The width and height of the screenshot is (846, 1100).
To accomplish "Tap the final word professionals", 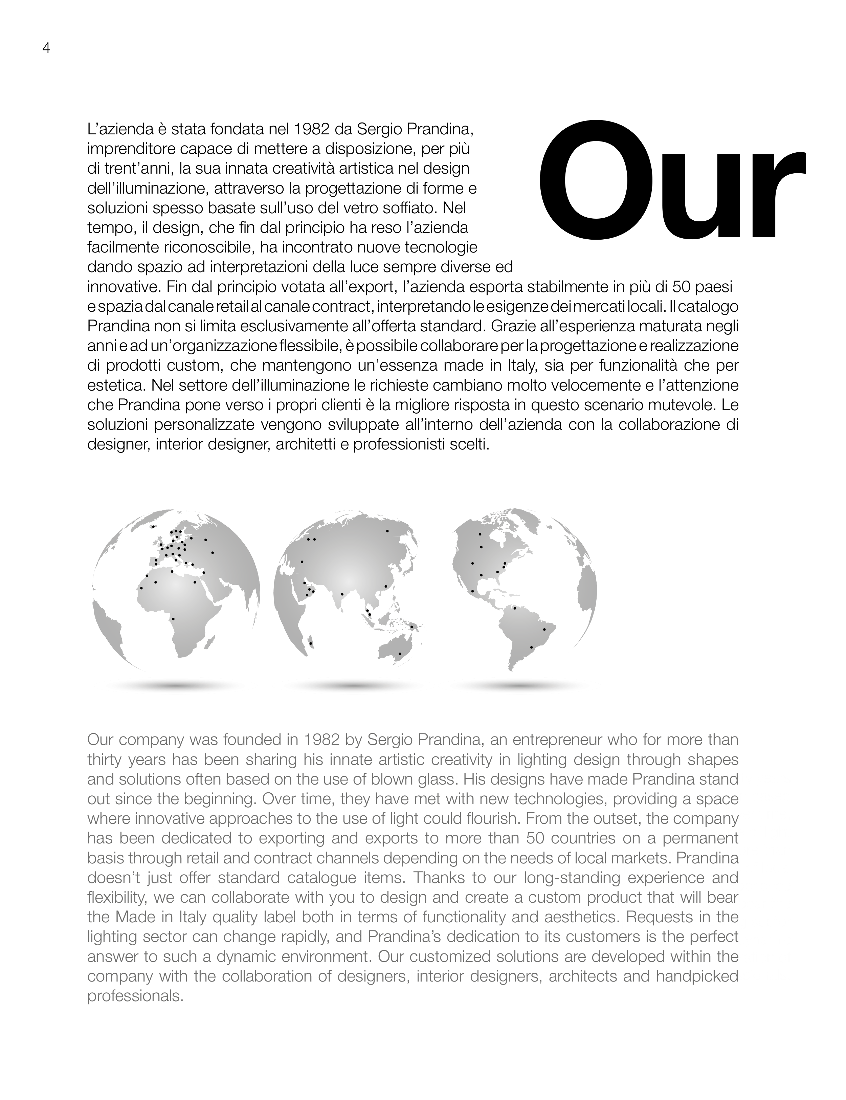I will [134, 996].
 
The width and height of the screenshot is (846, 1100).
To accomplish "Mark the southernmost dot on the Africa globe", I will [173, 618].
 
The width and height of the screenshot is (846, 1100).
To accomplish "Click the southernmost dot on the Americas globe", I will [531, 647].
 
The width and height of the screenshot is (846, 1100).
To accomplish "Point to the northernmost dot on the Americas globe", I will [480, 534].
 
